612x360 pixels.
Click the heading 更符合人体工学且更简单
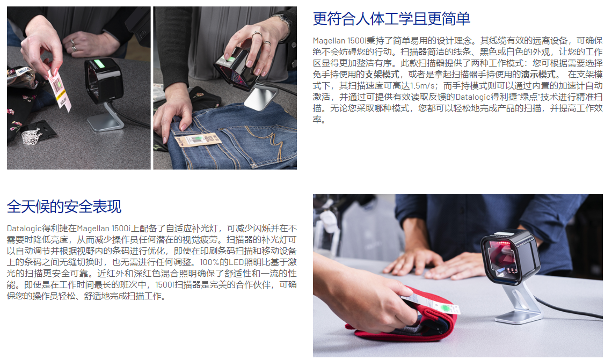pos(391,19)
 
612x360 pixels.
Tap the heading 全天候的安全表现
pos(64,207)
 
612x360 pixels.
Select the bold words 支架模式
pos(382,74)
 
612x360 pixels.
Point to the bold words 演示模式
pos(538,74)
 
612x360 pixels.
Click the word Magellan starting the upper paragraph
pos(329,41)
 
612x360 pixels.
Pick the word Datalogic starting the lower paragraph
pos(24,228)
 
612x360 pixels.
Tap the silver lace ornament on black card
pos(32,136)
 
